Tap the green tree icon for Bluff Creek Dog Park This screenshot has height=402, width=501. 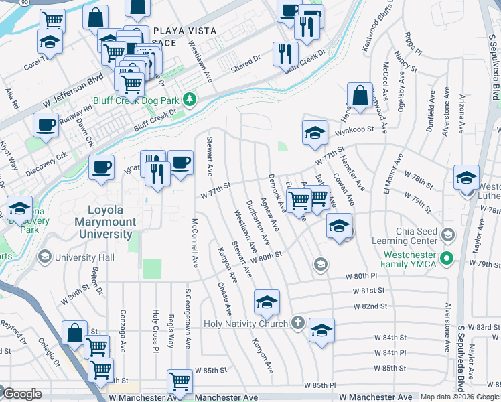click(x=190, y=100)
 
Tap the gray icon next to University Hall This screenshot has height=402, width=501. click(x=45, y=257)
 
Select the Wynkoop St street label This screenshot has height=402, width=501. click(x=354, y=130)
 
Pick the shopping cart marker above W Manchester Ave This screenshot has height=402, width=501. click(x=180, y=381)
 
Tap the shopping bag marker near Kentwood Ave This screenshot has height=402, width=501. click(x=360, y=95)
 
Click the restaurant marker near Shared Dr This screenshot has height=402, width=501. click(x=285, y=53)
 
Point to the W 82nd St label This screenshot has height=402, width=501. click(x=370, y=306)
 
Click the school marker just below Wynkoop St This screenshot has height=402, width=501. click(x=314, y=133)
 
